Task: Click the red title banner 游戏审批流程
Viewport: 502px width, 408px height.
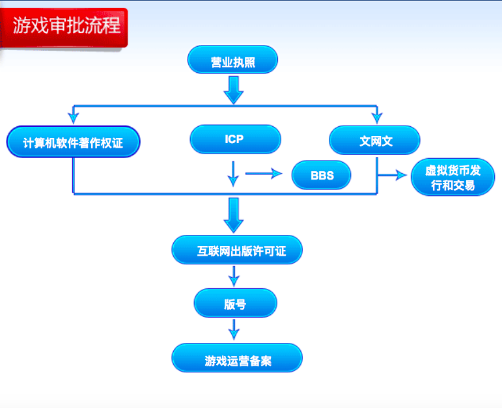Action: coord(64,27)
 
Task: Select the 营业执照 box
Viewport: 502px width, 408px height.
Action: coord(232,59)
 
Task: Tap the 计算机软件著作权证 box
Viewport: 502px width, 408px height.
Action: coord(74,141)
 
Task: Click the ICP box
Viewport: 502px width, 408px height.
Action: coord(235,139)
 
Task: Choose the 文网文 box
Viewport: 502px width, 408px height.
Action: coord(374,140)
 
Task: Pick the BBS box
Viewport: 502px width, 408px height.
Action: coord(321,175)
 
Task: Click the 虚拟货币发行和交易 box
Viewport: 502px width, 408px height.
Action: coord(453,177)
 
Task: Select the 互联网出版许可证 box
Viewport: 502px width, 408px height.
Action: coord(237,250)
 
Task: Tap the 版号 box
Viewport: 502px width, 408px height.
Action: coord(235,303)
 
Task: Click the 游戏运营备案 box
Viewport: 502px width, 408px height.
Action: coord(237,358)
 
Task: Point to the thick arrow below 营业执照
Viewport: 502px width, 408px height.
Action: coord(234,90)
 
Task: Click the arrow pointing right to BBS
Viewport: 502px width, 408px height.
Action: coord(264,174)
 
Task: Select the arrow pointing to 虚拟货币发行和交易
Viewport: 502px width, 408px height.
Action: coord(393,175)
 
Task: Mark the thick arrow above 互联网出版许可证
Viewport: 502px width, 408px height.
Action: coord(234,215)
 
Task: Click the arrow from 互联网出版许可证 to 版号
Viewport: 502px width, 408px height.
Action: coord(234,277)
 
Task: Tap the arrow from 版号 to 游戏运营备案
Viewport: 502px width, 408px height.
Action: coord(234,330)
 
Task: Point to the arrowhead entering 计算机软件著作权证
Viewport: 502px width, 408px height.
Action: coord(74,117)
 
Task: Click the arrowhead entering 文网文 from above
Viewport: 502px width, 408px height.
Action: coord(377,117)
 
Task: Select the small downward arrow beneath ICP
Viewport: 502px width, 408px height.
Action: coord(233,174)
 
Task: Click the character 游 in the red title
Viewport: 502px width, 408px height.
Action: coord(21,25)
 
